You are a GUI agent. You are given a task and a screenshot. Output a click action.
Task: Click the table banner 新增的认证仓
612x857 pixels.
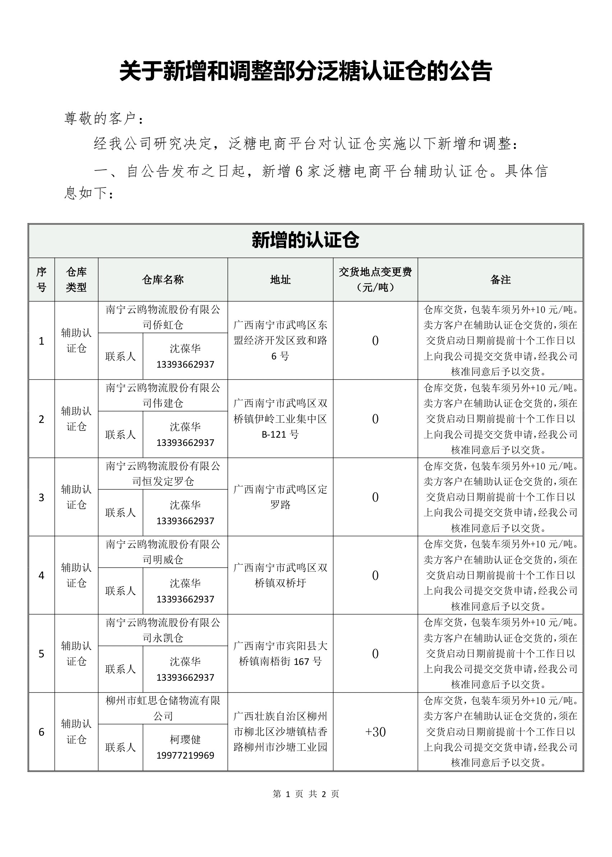click(305, 241)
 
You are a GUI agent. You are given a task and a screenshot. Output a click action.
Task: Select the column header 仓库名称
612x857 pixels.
click(163, 280)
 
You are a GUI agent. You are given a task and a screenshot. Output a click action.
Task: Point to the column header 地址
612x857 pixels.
click(280, 280)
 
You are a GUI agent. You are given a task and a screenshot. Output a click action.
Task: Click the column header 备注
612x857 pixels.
click(501, 280)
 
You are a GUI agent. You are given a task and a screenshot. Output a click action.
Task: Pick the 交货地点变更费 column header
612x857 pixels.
click(375, 279)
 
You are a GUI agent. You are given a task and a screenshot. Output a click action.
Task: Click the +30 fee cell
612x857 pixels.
click(375, 732)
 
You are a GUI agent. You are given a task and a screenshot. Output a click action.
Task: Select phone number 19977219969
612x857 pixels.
click(185, 755)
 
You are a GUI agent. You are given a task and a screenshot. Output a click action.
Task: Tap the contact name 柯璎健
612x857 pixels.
click(185, 740)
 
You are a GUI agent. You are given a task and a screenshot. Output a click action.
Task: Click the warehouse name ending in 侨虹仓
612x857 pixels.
click(163, 317)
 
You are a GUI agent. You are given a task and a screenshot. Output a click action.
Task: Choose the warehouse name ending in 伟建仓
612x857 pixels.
click(163, 395)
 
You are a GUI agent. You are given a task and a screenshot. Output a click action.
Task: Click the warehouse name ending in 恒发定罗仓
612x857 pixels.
click(163, 474)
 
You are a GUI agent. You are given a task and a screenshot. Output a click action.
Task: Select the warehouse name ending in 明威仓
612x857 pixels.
click(163, 551)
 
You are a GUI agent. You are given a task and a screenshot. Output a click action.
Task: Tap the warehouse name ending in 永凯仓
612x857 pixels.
click(163, 630)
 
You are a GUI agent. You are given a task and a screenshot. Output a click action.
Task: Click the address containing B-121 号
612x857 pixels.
click(280, 419)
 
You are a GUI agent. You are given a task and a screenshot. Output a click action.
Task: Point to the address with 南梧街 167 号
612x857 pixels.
click(280, 653)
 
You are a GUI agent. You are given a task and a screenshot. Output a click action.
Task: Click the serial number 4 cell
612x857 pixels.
click(41, 576)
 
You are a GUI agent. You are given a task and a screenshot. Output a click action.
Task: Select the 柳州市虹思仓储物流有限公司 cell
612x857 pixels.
click(163, 708)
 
